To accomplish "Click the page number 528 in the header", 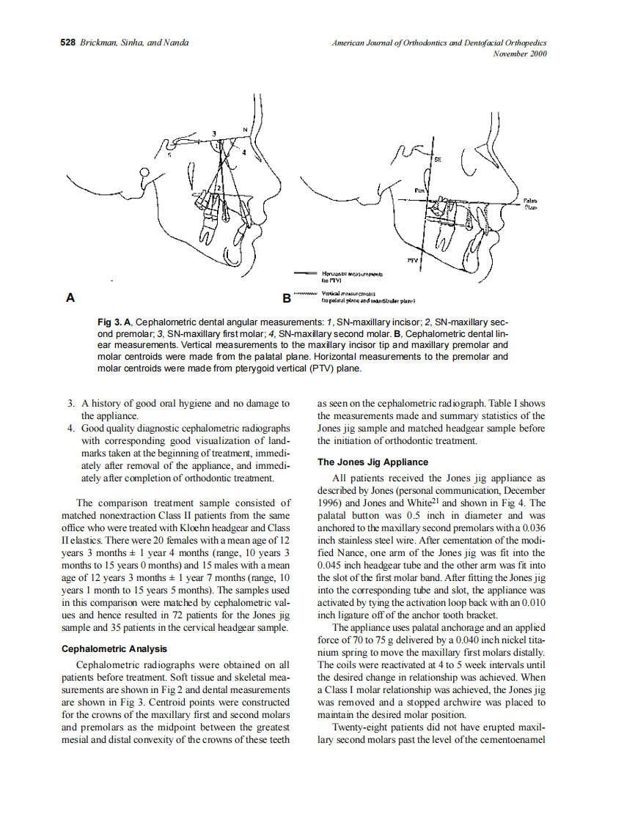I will (x=68, y=42).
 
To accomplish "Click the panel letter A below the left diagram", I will (x=71, y=297).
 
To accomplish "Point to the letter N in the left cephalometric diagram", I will (x=246, y=130).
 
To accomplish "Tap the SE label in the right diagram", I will (x=438, y=158).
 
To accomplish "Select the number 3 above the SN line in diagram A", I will (x=214, y=133).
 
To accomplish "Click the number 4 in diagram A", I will (x=244, y=153).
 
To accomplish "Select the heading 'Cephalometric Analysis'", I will (x=114, y=648).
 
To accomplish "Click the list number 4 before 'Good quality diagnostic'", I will (x=70, y=428).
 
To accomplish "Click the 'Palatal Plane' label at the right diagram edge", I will (x=532, y=203).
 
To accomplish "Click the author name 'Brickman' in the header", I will (x=96, y=42).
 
